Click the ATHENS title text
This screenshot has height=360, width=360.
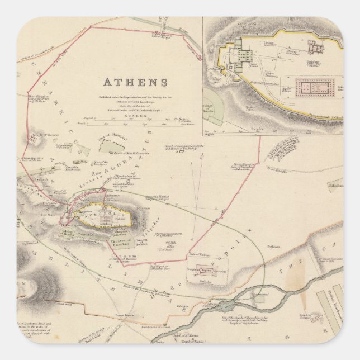click(135, 82)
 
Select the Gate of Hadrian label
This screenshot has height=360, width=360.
click(200, 254)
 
